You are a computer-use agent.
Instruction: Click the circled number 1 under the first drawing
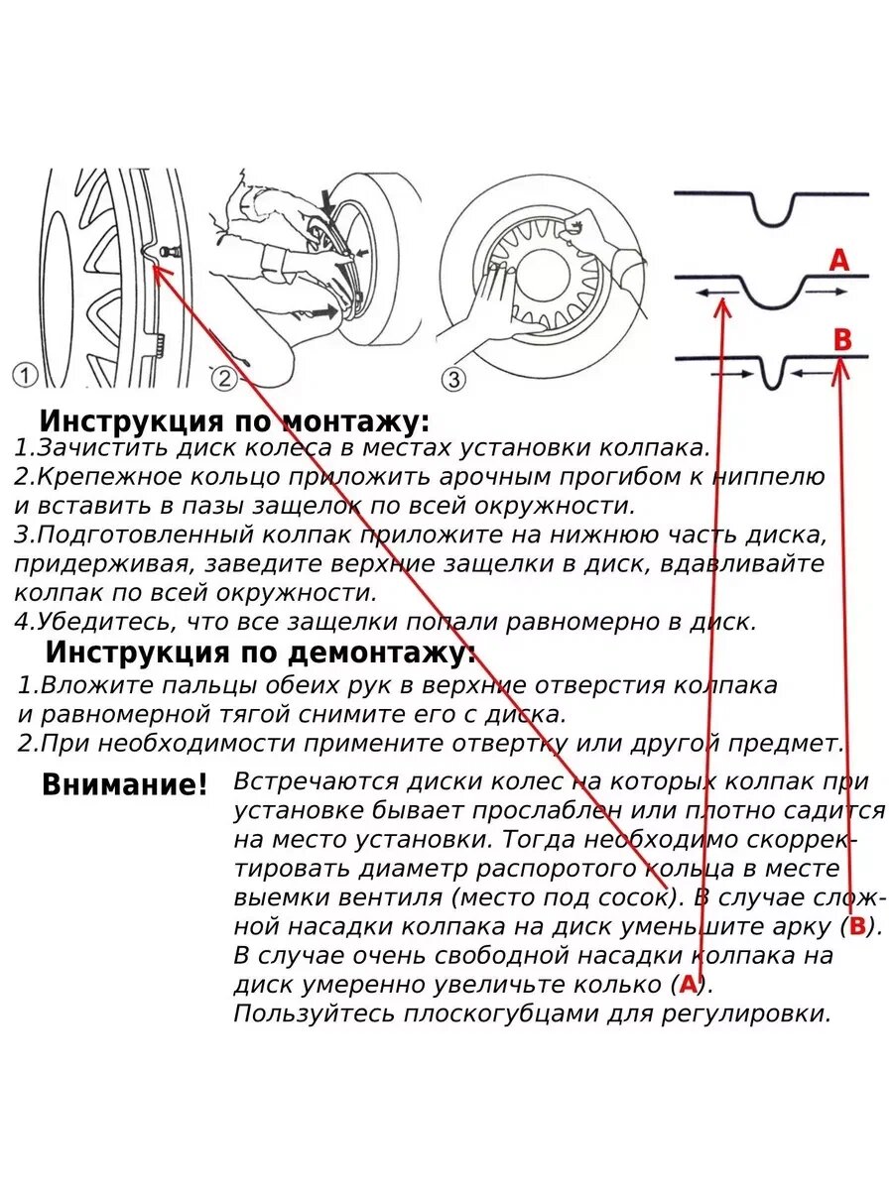(x=25, y=376)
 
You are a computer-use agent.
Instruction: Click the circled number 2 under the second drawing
(x=224, y=378)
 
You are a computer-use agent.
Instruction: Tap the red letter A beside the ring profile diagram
(x=839, y=261)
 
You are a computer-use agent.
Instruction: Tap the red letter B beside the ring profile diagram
(x=842, y=340)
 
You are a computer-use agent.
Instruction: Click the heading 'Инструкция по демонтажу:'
(x=260, y=654)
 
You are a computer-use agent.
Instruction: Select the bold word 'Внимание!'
(x=125, y=785)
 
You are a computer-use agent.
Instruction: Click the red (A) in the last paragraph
(x=689, y=985)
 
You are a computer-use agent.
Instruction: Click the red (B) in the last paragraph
(x=858, y=927)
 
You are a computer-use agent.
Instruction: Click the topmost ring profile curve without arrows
(x=772, y=202)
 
